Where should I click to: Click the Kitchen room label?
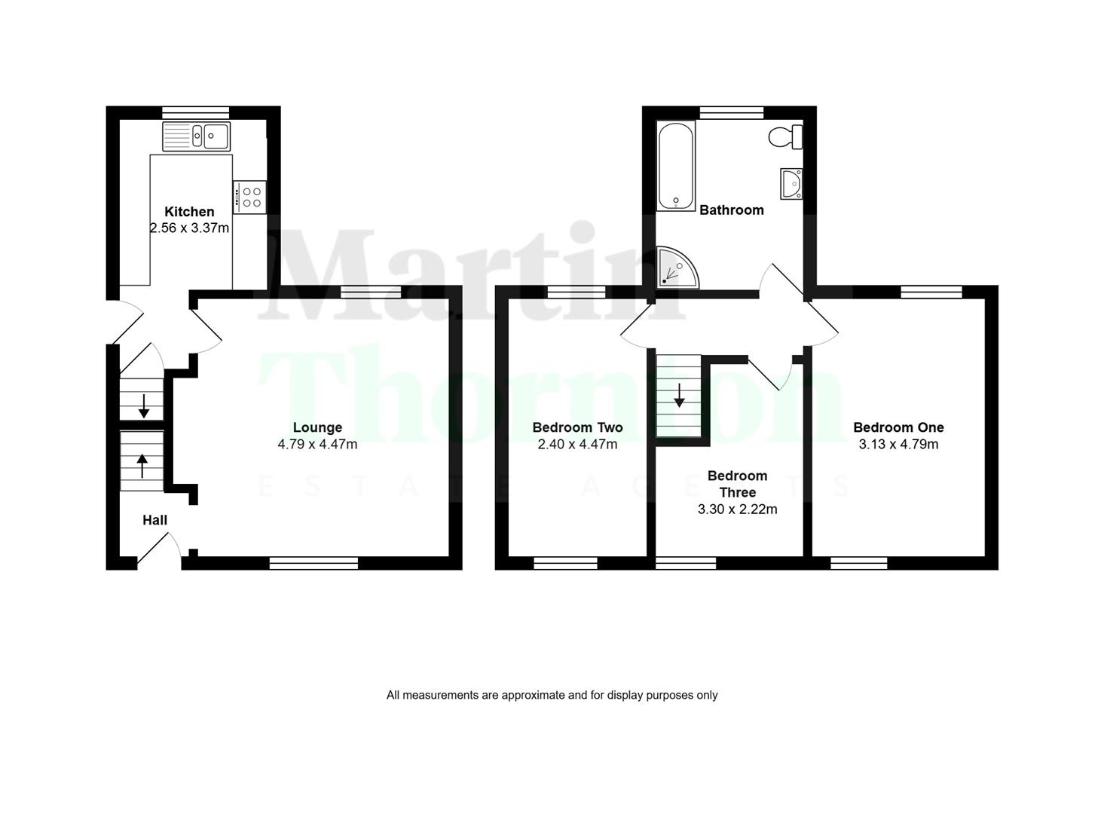(x=189, y=212)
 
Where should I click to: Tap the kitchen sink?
(x=196, y=136)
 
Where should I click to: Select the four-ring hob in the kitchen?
(x=249, y=197)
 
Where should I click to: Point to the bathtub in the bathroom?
(x=675, y=166)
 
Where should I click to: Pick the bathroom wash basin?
(x=791, y=183)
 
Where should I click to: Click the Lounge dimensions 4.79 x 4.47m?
(x=317, y=445)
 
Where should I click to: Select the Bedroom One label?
(x=898, y=427)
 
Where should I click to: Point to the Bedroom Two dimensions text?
(x=577, y=445)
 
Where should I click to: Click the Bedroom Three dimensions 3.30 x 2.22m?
(x=737, y=510)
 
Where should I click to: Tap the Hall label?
(x=154, y=520)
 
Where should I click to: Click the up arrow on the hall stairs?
(x=142, y=465)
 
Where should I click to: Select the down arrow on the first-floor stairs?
(x=679, y=396)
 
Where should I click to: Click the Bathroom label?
(x=731, y=210)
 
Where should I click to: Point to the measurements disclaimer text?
(x=552, y=695)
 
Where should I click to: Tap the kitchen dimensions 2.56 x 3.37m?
(x=189, y=228)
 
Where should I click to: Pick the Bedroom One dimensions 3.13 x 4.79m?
(x=898, y=445)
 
